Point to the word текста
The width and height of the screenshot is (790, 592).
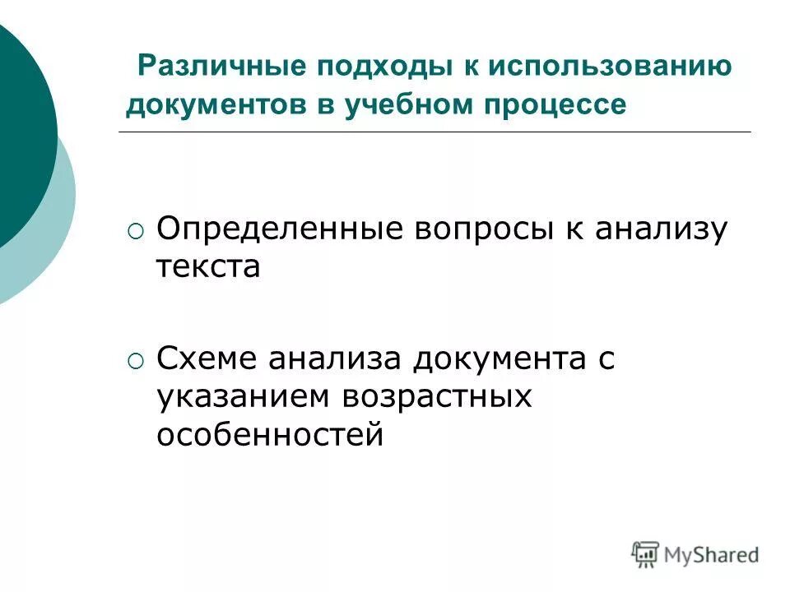(x=208, y=267)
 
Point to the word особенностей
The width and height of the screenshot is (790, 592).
(x=270, y=435)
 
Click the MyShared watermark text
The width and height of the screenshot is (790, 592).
(x=712, y=556)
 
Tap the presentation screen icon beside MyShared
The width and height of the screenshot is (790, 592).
(x=646, y=554)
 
